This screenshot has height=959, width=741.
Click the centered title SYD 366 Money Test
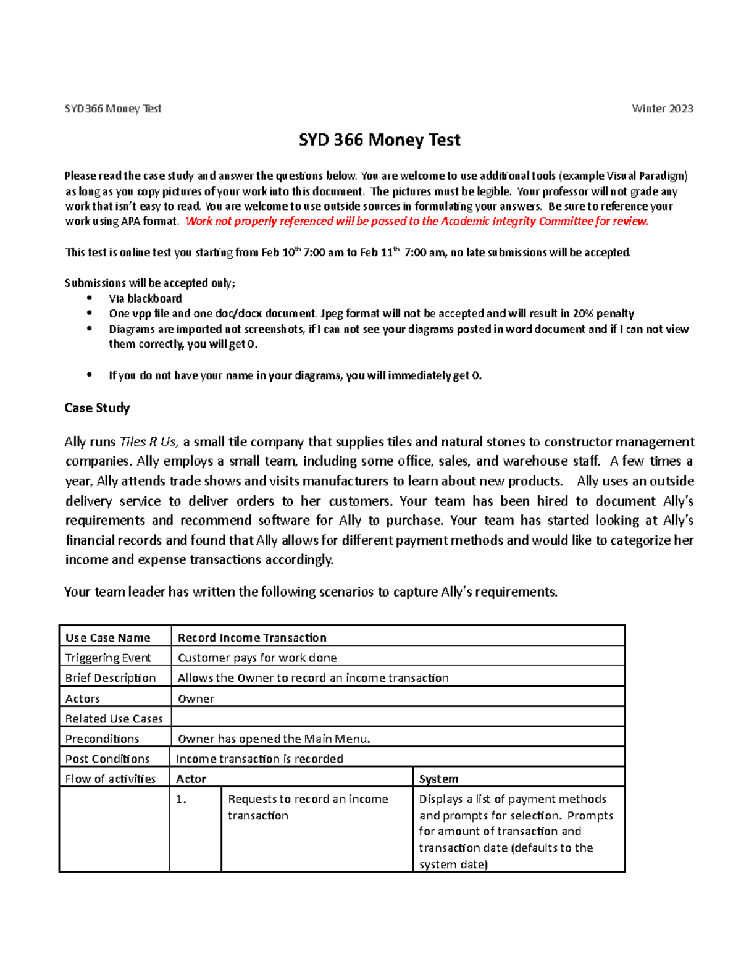[379, 140]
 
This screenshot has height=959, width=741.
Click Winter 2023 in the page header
[662, 109]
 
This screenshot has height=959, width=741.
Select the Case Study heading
[97, 408]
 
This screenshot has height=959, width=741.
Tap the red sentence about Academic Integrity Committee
[417, 221]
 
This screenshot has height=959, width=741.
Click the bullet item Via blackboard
[145, 298]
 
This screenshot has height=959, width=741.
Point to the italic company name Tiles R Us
[148, 442]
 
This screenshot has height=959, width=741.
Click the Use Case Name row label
[108, 638]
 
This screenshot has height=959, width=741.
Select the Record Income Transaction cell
[252, 638]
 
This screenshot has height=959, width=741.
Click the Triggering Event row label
[108, 658]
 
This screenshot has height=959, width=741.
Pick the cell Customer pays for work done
[257, 658]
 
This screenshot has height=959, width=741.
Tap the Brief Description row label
[111, 678]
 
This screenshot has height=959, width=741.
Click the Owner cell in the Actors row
[196, 698]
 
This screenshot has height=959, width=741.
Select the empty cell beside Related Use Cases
[397, 718]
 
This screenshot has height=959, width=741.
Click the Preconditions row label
[102, 739]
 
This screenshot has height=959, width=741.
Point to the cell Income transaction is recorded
[259, 759]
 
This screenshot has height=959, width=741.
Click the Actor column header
[191, 779]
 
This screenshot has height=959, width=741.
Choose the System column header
[438, 779]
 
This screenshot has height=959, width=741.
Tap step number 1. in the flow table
[181, 799]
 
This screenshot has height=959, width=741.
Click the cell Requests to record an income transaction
[308, 807]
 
